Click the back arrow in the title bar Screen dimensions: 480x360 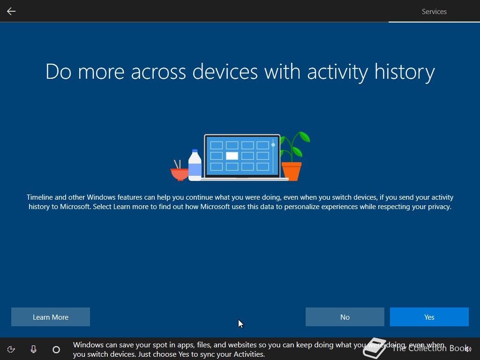(x=11, y=11)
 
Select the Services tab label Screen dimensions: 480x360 (x=434, y=12)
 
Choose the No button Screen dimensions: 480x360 (x=345, y=317)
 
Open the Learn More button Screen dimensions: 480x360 (x=51, y=317)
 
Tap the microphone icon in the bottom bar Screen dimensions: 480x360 (x=34, y=349)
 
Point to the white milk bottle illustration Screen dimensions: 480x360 (x=195, y=165)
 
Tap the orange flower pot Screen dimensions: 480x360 (x=292, y=172)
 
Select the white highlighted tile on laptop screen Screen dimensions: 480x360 (x=232, y=156)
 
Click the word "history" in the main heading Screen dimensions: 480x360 (x=405, y=72)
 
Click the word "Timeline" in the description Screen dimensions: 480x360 (x=40, y=197)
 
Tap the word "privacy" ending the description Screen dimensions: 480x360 (x=439, y=207)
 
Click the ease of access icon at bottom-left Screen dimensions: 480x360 (x=11, y=349)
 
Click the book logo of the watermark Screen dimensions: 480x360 (x=375, y=348)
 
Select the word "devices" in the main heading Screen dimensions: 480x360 (x=225, y=72)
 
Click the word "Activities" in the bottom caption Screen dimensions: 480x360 (x=249, y=354)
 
